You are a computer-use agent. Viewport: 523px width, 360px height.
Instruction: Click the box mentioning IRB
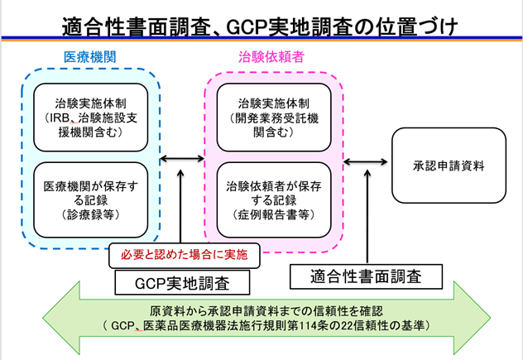(x=90, y=117)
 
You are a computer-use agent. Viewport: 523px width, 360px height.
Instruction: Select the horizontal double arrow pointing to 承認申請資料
(x=364, y=160)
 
